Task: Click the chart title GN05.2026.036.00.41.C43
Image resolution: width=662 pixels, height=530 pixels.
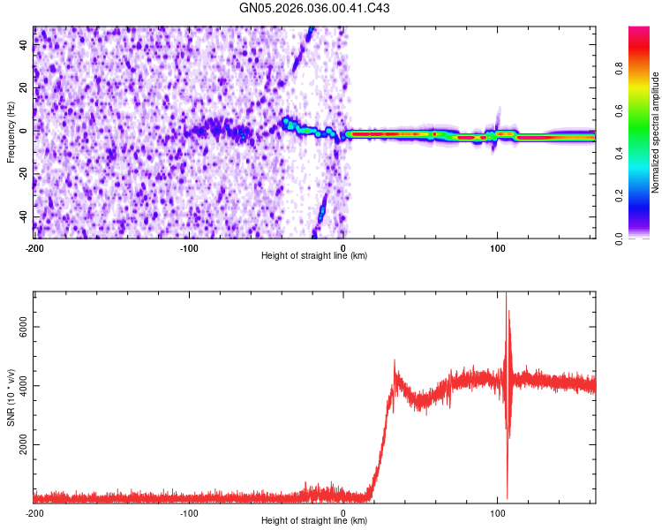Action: coord(314,8)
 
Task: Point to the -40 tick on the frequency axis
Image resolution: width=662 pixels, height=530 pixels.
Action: coord(25,216)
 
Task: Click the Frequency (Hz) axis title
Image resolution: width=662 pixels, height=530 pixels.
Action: coord(11,132)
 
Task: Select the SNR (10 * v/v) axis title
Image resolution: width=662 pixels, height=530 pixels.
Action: coord(11,397)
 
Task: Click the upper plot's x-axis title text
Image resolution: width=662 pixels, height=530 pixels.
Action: coord(314,255)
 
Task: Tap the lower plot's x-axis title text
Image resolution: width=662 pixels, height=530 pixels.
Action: coord(314,520)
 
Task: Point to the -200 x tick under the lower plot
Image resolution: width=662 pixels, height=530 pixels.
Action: coord(34,512)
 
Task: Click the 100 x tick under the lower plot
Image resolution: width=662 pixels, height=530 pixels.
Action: coord(497,512)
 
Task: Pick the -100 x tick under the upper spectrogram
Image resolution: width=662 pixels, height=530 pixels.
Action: coord(189,247)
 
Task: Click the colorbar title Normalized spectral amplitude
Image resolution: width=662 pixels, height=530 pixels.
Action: coord(656,132)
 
